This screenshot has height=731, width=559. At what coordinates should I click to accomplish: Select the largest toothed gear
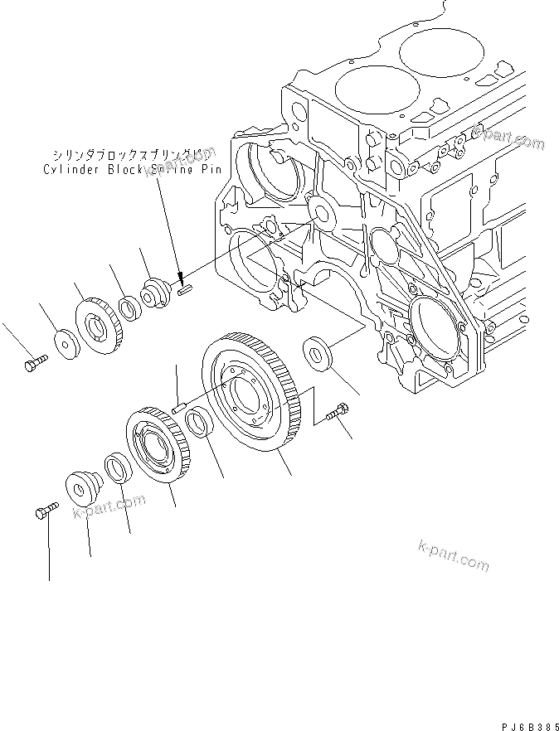252,390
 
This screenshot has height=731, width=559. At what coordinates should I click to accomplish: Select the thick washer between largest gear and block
320,349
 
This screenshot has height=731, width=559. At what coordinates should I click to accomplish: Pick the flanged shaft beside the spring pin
155,293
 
